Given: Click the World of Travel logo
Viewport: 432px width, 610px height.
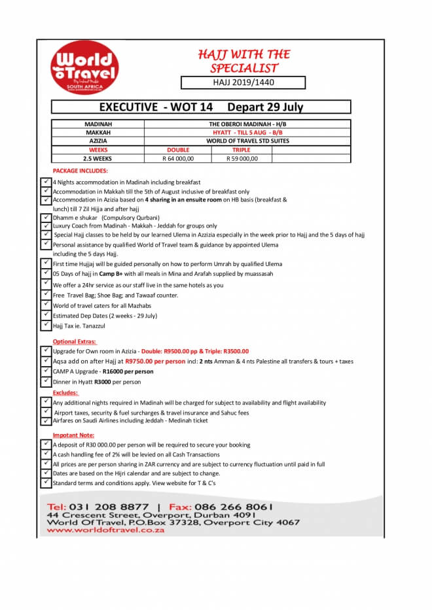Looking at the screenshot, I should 85,67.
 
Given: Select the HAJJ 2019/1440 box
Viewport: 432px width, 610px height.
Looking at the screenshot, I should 243,82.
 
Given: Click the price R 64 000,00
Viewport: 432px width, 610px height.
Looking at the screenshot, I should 178,158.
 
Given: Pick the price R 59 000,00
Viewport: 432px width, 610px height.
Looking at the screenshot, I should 242,158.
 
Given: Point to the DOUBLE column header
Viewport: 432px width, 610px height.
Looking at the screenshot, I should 178,150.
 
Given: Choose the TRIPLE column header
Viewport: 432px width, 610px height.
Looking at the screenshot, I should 242,150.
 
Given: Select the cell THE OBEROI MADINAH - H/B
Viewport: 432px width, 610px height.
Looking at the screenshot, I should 247,124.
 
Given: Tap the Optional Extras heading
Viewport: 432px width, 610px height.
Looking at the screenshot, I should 75,341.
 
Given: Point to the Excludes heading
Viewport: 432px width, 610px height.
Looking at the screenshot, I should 65,393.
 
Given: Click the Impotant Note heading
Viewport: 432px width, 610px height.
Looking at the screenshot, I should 74,435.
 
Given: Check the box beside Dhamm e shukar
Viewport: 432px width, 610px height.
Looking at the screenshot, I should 46,216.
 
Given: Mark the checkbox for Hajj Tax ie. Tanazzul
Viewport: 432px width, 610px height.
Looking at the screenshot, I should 46,324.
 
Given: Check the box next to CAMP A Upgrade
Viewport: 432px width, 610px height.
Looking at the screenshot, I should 46,371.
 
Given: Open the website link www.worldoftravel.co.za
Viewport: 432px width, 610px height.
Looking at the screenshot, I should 105,530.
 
